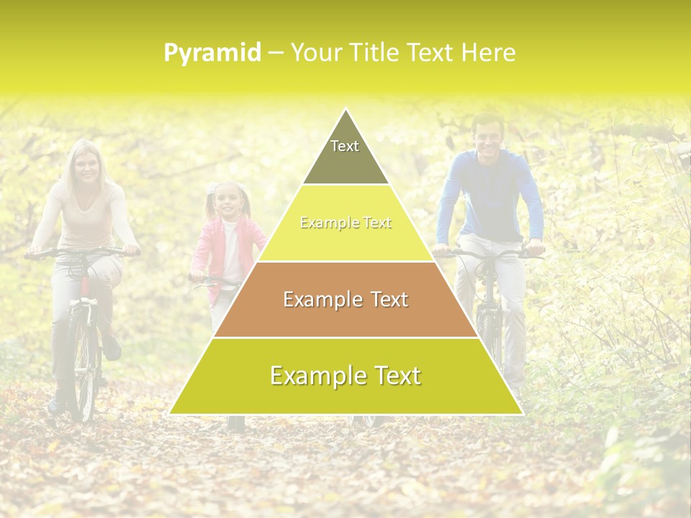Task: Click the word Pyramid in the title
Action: click(x=212, y=53)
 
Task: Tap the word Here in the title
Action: click(x=489, y=53)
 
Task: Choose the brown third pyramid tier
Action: click(x=345, y=299)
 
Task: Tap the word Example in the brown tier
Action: click(x=316, y=299)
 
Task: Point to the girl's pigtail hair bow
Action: click(x=212, y=188)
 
